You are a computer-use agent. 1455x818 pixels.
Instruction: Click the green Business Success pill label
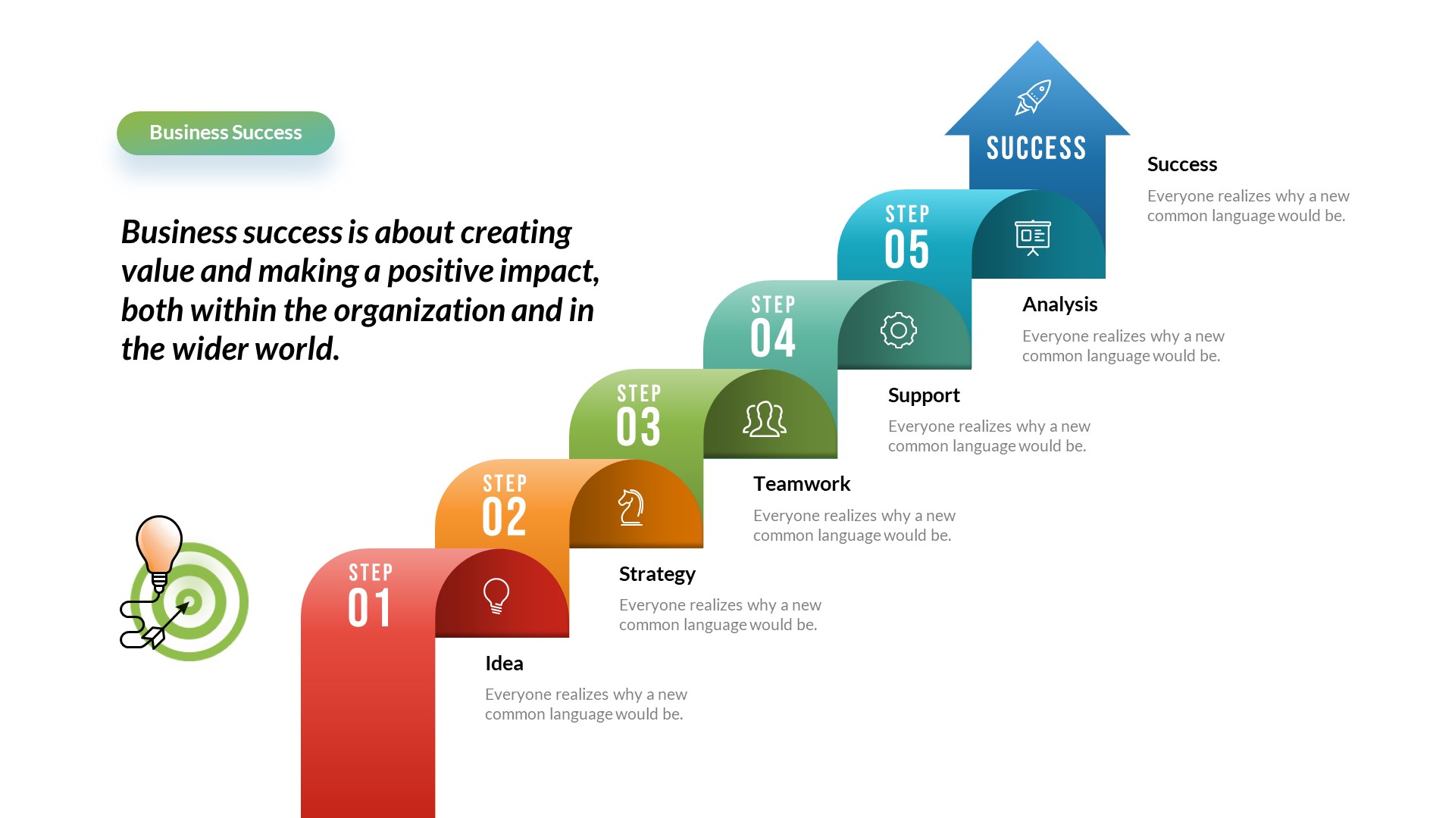[x=225, y=133]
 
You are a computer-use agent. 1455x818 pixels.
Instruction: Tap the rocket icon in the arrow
[x=1033, y=98]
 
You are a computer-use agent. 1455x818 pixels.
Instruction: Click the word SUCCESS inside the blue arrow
[x=1036, y=148]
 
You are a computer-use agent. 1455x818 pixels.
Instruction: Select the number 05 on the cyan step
[x=906, y=249]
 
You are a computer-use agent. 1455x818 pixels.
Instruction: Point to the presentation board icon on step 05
[x=1032, y=237]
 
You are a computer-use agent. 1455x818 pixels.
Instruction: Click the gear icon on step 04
[x=898, y=330]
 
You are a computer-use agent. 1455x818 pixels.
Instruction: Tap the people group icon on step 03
[x=764, y=419]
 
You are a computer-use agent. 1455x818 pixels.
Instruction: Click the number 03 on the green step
[x=638, y=426]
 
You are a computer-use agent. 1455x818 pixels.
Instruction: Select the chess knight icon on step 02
[x=630, y=507]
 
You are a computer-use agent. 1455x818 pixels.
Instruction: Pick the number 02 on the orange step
[x=504, y=517]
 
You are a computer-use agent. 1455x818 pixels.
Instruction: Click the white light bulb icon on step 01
[x=496, y=595]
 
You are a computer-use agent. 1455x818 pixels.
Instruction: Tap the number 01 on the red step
[x=369, y=607]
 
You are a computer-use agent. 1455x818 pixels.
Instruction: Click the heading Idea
[x=504, y=663]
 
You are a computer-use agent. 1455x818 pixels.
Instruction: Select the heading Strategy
[x=657, y=574]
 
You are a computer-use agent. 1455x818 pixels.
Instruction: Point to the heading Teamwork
[x=802, y=484]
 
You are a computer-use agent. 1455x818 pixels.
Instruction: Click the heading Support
[x=923, y=395]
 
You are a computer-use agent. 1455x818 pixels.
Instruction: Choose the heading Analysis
[x=1059, y=304]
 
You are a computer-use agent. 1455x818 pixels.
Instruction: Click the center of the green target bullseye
[x=189, y=602]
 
